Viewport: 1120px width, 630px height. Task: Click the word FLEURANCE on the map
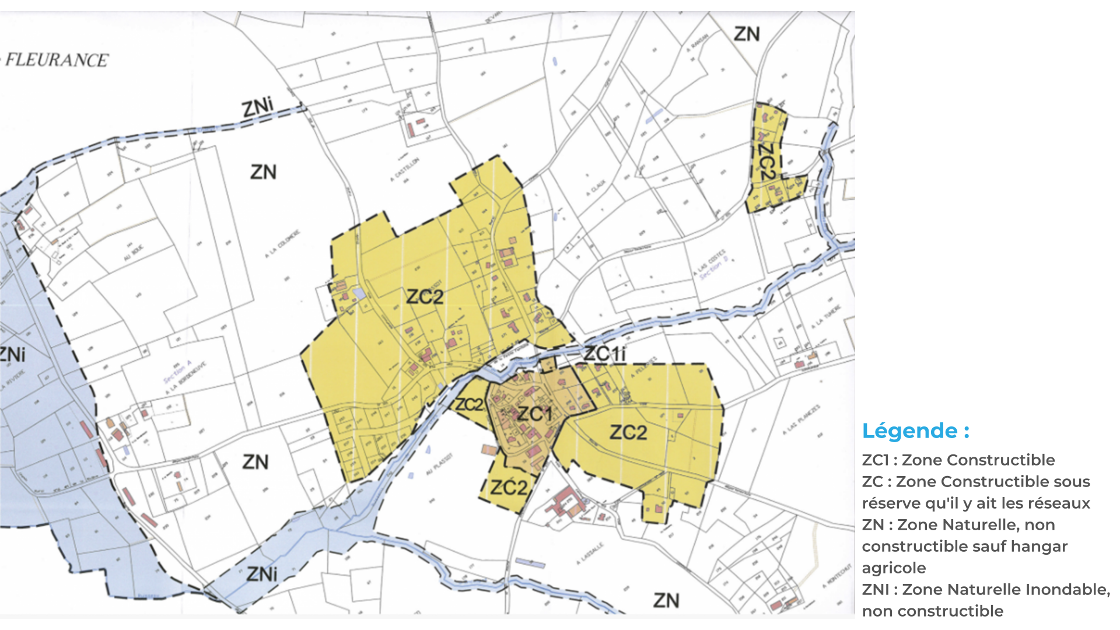click(57, 60)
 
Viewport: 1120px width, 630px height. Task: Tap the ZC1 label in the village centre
click(534, 414)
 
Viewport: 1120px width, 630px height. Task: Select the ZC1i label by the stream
click(604, 353)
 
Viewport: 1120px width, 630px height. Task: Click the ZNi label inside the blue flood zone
click(261, 574)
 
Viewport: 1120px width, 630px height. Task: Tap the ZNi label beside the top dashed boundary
click(257, 108)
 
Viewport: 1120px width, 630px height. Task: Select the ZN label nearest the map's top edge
click(747, 34)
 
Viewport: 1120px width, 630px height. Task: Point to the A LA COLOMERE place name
click(282, 244)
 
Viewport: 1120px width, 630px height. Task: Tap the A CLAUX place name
click(596, 188)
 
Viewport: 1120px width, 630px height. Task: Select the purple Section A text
click(177, 372)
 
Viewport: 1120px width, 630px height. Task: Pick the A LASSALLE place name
click(590, 554)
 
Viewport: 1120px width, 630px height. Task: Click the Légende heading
click(915, 431)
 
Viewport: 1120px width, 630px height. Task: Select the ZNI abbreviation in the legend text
click(875, 589)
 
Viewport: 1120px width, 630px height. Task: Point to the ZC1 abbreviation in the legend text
click(874, 460)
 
